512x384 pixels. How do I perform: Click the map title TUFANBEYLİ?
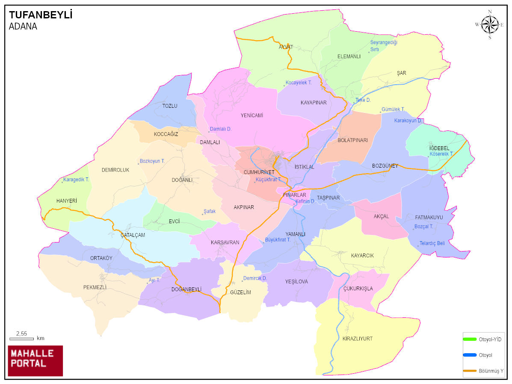pos(41,15)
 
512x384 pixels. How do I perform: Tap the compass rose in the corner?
pos(490,24)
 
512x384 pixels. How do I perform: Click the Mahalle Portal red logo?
pos(36,360)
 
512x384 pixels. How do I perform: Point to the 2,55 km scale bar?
pos(21,339)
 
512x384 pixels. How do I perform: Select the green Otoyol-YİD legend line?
pos(470,339)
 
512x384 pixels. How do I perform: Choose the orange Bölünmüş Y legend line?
pos(470,370)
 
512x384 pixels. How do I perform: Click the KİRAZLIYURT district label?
pos(357,339)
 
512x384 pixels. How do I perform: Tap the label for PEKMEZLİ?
pos(95,287)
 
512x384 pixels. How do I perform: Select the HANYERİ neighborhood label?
pos(67,201)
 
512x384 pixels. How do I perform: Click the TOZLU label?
pos(169,106)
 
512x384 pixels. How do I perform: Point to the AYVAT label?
pos(286,47)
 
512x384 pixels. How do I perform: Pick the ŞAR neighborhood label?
pos(401,73)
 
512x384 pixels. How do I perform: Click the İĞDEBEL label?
pos(439,148)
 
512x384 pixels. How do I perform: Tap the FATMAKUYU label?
pos(429,217)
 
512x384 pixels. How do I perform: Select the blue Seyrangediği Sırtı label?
pos(384,46)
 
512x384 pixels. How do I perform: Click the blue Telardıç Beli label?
pos(432,243)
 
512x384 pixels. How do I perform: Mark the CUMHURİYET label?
pos(258,172)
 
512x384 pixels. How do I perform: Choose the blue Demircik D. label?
pos(255,278)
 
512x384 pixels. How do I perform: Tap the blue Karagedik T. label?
pos(76,180)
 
